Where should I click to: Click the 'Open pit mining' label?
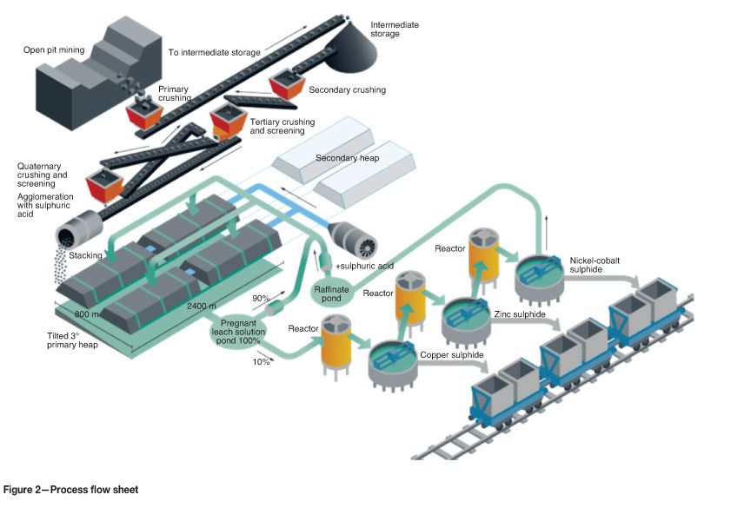coord(54,49)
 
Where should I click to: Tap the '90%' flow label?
coord(261,299)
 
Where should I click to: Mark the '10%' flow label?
coord(260,360)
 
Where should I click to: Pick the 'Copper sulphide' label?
coord(451,356)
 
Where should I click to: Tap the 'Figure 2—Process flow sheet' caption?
coord(70,491)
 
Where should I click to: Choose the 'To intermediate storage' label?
coord(215,53)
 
